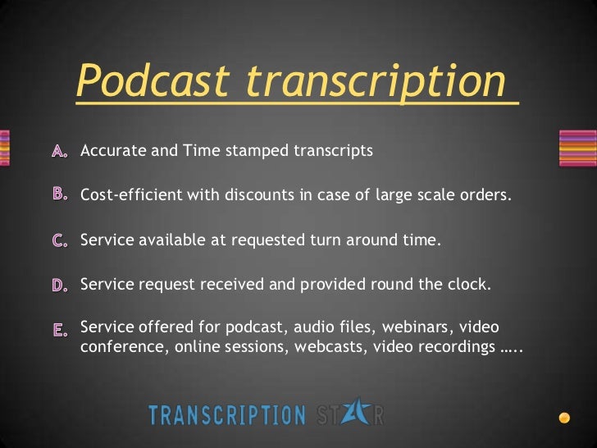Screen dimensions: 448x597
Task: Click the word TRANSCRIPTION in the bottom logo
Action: [x=226, y=414]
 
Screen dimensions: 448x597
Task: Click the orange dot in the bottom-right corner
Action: [x=564, y=418]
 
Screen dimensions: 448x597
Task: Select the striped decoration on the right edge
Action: [x=578, y=148]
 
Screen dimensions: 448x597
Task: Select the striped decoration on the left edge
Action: [x=5, y=148]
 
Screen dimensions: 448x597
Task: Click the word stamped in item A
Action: [x=251, y=151]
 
